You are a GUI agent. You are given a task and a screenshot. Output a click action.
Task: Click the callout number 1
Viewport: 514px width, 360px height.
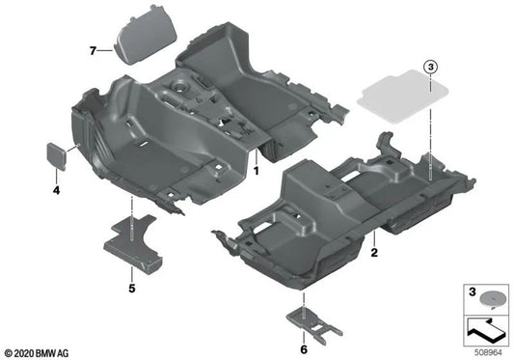[257, 169]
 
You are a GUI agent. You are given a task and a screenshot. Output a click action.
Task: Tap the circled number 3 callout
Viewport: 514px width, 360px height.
[429, 67]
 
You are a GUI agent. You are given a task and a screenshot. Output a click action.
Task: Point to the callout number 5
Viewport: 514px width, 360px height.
[131, 287]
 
